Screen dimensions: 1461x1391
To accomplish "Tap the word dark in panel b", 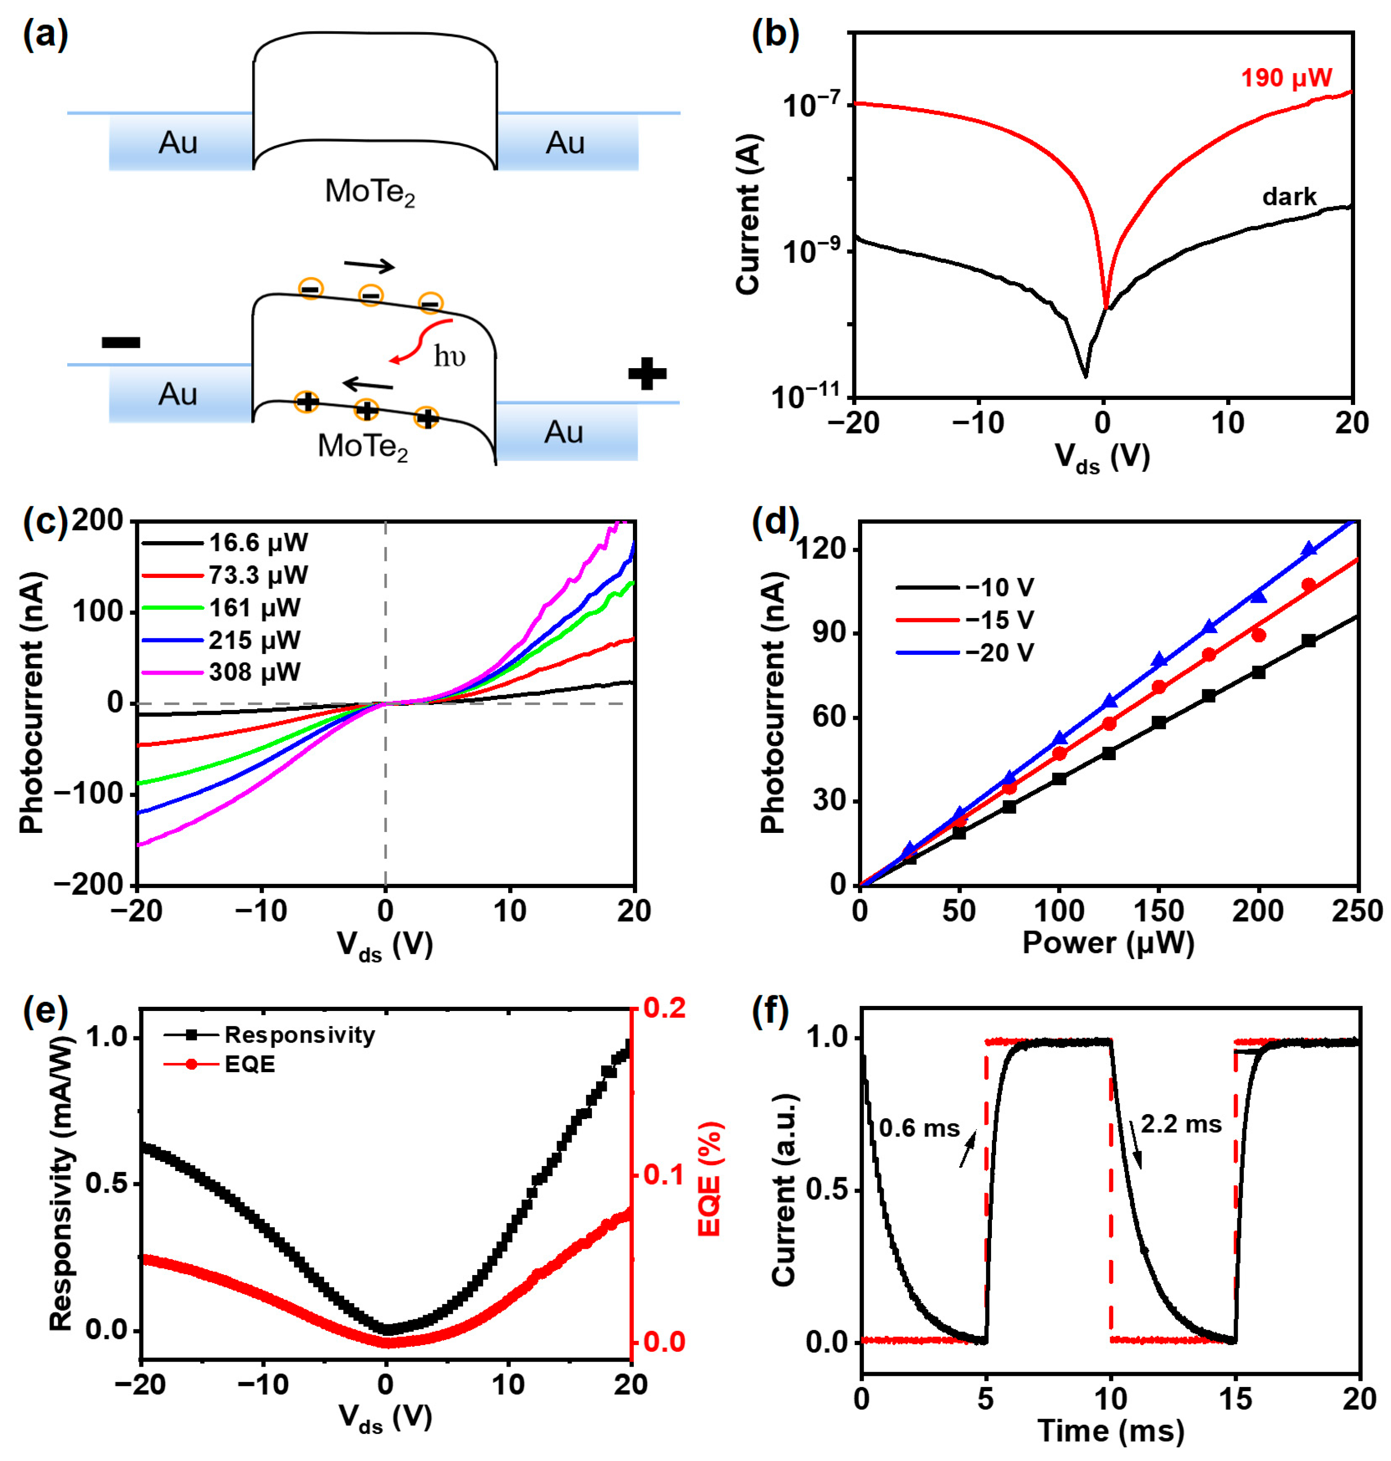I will (x=1289, y=196).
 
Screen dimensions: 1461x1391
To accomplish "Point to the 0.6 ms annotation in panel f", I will (x=919, y=1128).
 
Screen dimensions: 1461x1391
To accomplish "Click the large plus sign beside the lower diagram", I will (x=647, y=374).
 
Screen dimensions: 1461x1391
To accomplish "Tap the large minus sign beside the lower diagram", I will (x=121, y=342).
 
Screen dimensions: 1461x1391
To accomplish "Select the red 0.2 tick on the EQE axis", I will (x=664, y=1008).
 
